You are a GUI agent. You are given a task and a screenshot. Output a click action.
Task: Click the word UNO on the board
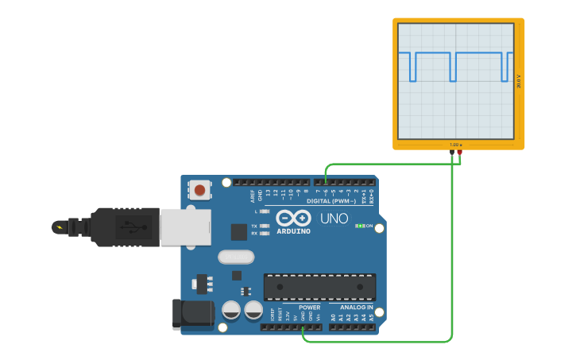point(334,219)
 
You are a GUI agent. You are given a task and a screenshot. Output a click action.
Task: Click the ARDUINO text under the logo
point(293,230)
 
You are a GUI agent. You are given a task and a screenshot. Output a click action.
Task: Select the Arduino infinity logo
point(293,218)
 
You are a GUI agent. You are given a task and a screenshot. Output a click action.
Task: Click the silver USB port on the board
point(185,227)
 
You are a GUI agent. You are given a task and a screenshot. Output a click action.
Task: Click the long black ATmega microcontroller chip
point(319,287)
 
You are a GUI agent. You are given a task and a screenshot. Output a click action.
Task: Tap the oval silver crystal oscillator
point(236,257)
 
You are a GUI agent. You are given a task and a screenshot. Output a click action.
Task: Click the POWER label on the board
point(309,308)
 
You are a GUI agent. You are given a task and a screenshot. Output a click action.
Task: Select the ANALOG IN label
point(356,308)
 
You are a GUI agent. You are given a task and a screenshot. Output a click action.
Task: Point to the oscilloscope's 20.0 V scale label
point(519,82)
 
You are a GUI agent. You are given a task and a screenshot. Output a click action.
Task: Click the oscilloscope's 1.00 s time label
point(454,145)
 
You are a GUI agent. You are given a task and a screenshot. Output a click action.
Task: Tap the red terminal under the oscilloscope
point(459,152)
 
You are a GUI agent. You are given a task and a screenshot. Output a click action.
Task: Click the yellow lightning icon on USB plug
point(58,227)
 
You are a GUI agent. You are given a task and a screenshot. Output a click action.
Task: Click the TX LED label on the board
point(254,226)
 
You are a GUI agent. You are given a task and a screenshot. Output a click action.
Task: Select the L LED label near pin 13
point(256,211)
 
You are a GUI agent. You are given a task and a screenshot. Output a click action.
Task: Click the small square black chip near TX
point(238,231)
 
